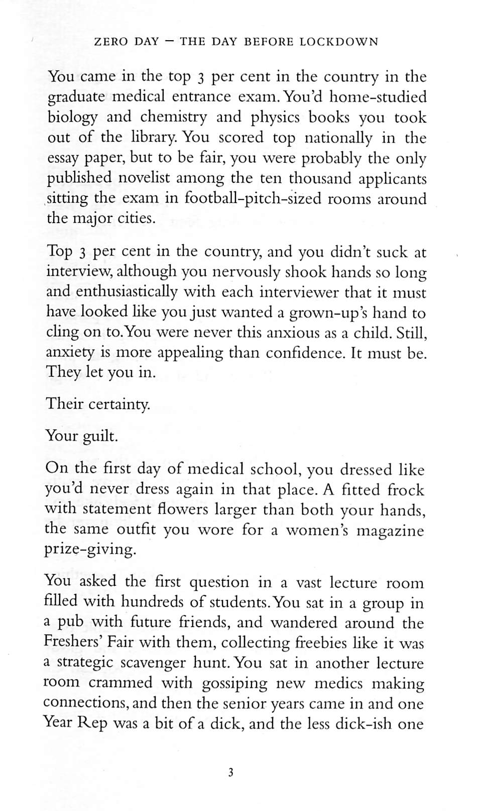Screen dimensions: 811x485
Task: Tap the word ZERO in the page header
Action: [111, 42]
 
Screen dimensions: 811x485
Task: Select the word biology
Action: [72, 118]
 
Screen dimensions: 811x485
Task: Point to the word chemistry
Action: [173, 117]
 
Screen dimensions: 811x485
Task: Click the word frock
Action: [406, 490]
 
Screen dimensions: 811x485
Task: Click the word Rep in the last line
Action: [92, 724]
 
